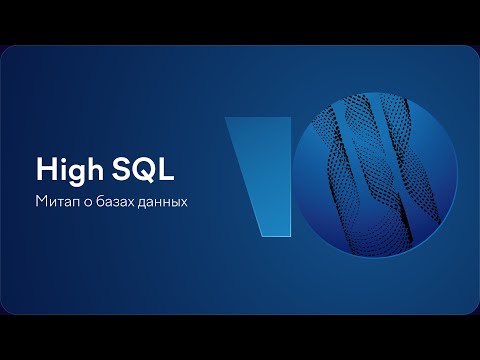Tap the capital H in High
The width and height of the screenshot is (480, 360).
pyautogui.click(x=45, y=166)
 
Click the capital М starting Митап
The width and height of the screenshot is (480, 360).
pyautogui.click(x=41, y=200)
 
